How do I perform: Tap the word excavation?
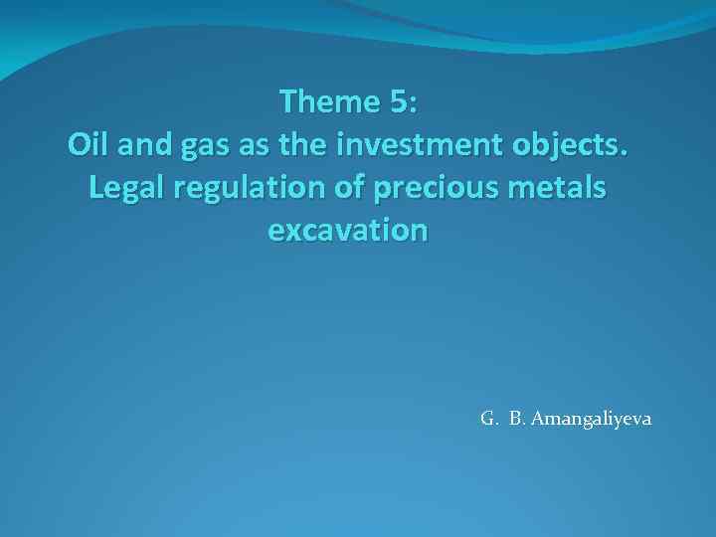point(347,231)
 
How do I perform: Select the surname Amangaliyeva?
point(591,419)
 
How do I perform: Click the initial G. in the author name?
point(488,419)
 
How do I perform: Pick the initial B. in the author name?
point(517,419)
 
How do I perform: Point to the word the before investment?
point(302,144)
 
